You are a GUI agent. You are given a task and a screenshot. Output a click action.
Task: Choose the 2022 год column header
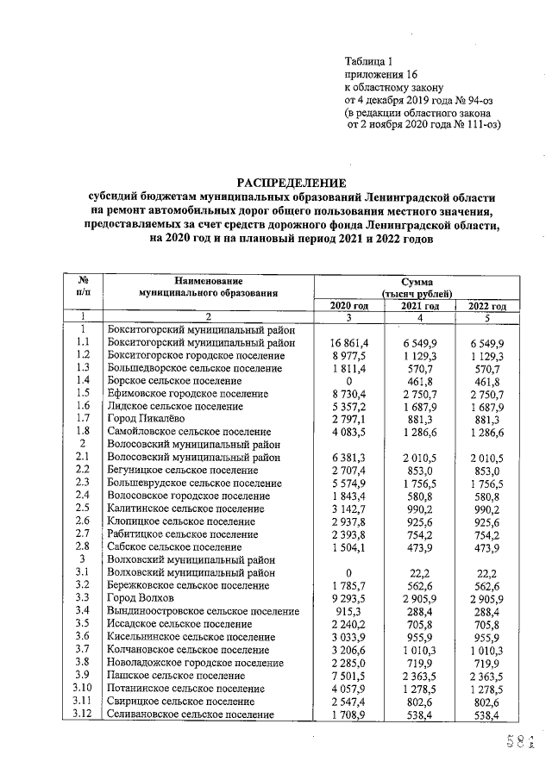[486, 306]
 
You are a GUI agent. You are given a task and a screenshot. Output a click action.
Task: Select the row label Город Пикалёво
[142, 418]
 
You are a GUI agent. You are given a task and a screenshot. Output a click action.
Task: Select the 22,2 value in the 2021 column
[417, 571]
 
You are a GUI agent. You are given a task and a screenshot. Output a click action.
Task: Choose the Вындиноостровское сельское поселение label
[199, 611]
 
